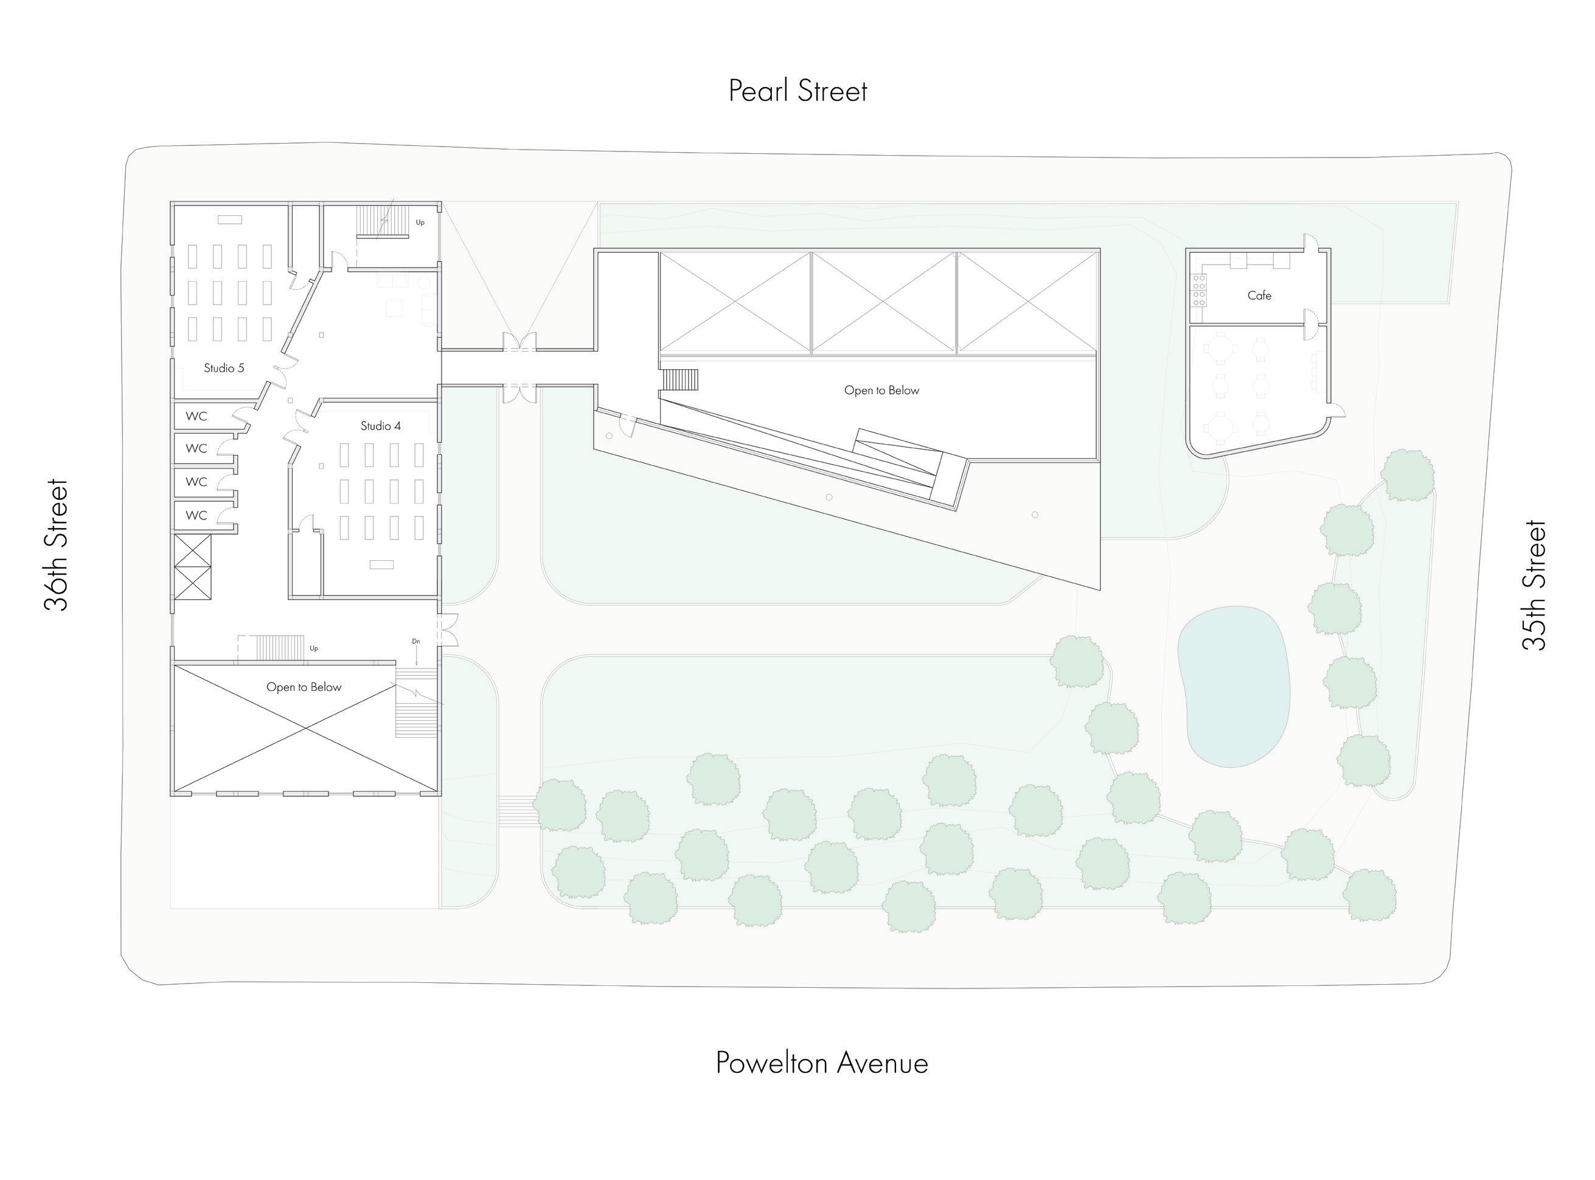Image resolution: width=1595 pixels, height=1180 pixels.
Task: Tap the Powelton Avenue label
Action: coord(821,1063)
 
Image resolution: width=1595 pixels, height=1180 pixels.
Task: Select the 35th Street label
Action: coord(1534,585)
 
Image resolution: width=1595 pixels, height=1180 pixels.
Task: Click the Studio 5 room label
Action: coord(224,368)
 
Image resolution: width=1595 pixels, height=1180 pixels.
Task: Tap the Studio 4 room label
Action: coord(380,426)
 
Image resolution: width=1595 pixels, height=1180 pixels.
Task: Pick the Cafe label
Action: coord(1259,295)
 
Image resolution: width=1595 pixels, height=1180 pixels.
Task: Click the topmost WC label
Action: coord(196,415)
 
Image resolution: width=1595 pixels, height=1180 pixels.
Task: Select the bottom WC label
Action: coord(196,515)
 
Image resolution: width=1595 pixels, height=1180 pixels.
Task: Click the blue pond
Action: coord(1234,685)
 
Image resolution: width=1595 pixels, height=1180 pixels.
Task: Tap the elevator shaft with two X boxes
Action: coord(193,566)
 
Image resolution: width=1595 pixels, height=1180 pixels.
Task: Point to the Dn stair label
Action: coord(415,642)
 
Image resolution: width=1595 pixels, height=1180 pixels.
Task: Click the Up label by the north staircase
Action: coord(420,222)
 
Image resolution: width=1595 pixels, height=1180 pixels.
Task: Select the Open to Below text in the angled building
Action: coord(881,390)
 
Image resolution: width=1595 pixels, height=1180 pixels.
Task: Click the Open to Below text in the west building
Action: coord(304,687)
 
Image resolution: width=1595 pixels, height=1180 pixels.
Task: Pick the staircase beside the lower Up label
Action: coord(279,648)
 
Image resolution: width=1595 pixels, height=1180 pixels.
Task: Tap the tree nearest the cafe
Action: coord(1406,475)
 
